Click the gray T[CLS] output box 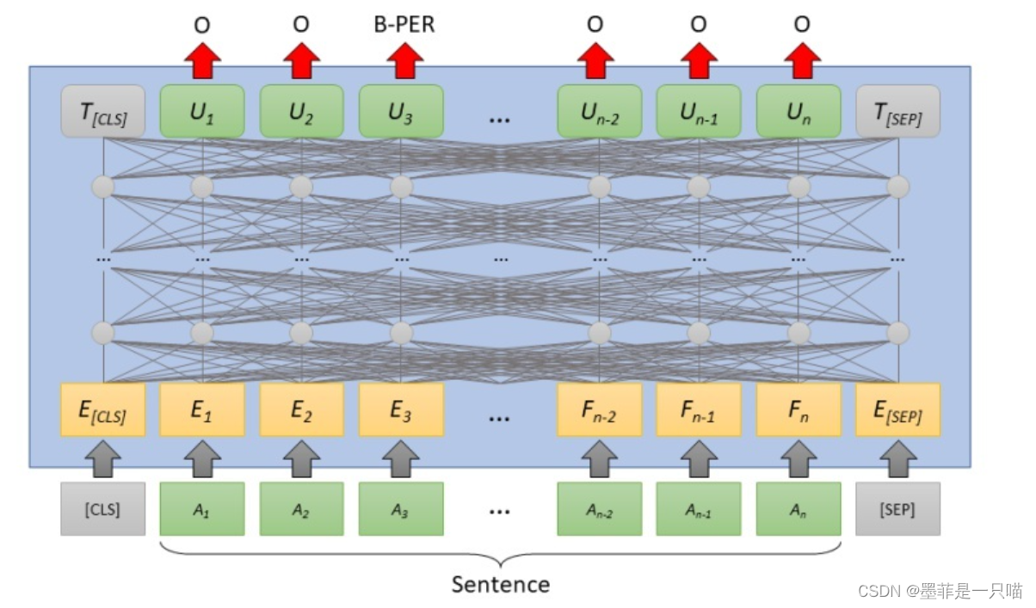pyautogui.click(x=102, y=111)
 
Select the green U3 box pyautogui.click(x=401, y=111)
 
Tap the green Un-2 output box pyautogui.click(x=600, y=111)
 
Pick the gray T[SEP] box pyautogui.click(x=897, y=111)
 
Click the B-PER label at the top pyautogui.click(x=404, y=24)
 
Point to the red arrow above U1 pyautogui.click(x=202, y=60)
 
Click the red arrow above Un pyautogui.click(x=802, y=60)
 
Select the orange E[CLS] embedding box pyautogui.click(x=102, y=409)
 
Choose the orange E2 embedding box pyautogui.click(x=301, y=409)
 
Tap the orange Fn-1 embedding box pyautogui.click(x=699, y=409)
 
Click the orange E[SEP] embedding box pyautogui.click(x=897, y=409)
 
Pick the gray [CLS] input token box pyautogui.click(x=102, y=509)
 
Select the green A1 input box pyautogui.click(x=202, y=509)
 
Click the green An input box pyautogui.click(x=799, y=509)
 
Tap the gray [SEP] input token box pyautogui.click(x=897, y=509)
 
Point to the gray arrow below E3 pyautogui.click(x=400, y=458)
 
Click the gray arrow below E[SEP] pyautogui.click(x=898, y=458)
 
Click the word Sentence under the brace pyautogui.click(x=501, y=585)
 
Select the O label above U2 pyautogui.click(x=301, y=24)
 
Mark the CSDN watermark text pyautogui.click(x=940, y=591)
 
